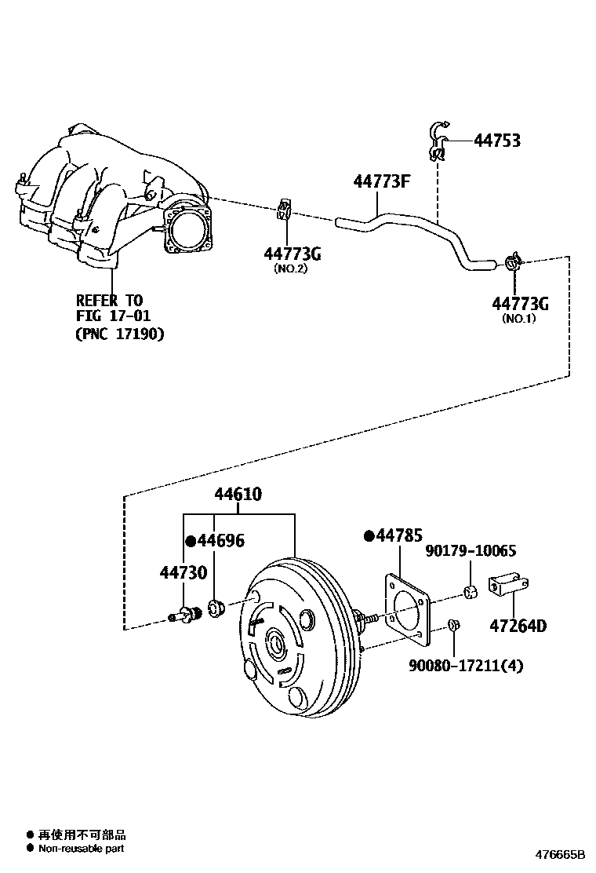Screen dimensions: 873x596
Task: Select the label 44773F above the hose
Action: click(x=383, y=182)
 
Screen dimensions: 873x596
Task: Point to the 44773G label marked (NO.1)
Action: click(x=520, y=303)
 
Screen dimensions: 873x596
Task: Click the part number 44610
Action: click(x=238, y=495)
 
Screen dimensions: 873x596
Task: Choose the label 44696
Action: click(x=220, y=540)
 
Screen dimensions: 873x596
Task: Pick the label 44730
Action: click(x=184, y=572)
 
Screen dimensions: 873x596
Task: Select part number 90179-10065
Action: click(x=471, y=553)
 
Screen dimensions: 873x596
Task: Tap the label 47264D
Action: click(x=518, y=626)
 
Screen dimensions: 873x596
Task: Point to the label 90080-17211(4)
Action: click(x=466, y=666)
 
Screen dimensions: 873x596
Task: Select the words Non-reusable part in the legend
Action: click(x=81, y=848)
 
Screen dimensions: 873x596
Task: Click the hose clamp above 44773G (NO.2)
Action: click(x=285, y=210)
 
